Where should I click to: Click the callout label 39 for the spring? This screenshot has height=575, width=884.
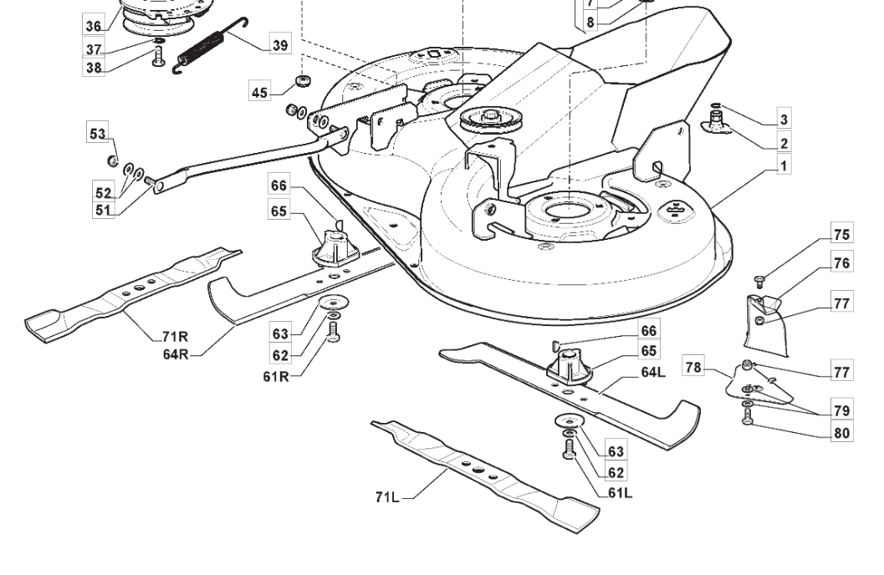(x=279, y=44)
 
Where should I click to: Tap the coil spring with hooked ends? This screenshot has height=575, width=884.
(x=210, y=45)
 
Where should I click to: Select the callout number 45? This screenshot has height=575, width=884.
(x=259, y=92)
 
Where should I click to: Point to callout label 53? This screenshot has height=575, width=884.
(x=97, y=134)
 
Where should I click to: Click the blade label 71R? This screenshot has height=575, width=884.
(x=175, y=337)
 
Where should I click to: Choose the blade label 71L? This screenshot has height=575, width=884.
(x=387, y=496)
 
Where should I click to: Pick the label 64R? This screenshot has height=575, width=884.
(x=176, y=354)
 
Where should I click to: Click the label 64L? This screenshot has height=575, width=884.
(x=653, y=372)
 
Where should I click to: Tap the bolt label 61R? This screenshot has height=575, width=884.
(x=276, y=376)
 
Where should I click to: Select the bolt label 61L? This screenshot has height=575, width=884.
(x=621, y=493)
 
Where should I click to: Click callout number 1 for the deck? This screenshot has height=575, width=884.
(x=784, y=165)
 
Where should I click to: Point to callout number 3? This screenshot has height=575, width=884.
(x=784, y=119)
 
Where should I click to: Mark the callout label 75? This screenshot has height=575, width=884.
(x=841, y=233)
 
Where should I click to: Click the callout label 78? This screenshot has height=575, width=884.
(x=692, y=367)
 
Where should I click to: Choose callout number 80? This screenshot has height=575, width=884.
(x=841, y=433)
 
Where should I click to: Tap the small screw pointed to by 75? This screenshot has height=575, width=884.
(x=759, y=281)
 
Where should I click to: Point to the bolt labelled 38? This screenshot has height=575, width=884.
(x=158, y=56)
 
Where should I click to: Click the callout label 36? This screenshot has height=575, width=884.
(x=94, y=25)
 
